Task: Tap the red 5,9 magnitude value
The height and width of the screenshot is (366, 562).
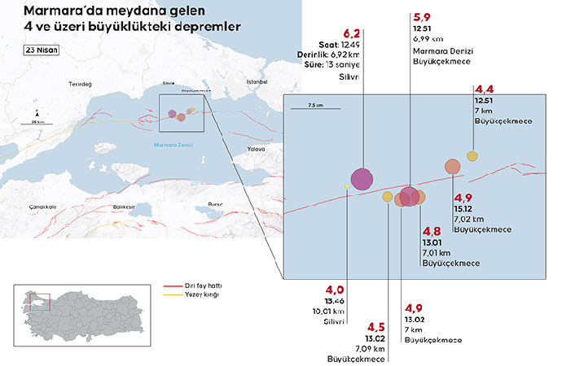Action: point(422,17)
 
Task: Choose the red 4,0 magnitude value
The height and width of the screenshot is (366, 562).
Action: point(336,290)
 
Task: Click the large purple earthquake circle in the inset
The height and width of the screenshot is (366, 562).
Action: point(362,178)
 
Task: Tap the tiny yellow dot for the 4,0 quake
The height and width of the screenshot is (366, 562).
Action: point(347,187)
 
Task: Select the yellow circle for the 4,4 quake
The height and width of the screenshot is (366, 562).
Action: point(472,156)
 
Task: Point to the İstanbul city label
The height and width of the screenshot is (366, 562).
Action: point(257,82)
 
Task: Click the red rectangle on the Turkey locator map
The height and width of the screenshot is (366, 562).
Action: point(40,302)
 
